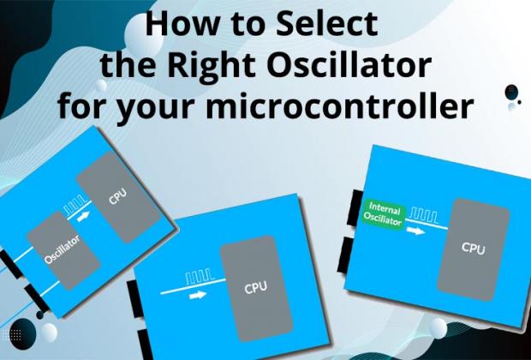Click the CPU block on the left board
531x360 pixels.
[x=116, y=198]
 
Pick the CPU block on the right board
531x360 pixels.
[x=474, y=248]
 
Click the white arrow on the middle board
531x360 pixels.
[x=199, y=294]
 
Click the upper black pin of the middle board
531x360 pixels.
[x=133, y=295]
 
